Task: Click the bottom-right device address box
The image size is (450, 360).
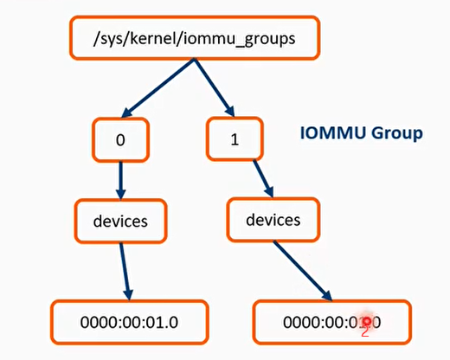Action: (x=331, y=322)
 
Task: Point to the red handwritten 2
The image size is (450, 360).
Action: (x=365, y=331)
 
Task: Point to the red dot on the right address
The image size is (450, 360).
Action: (x=367, y=321)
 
